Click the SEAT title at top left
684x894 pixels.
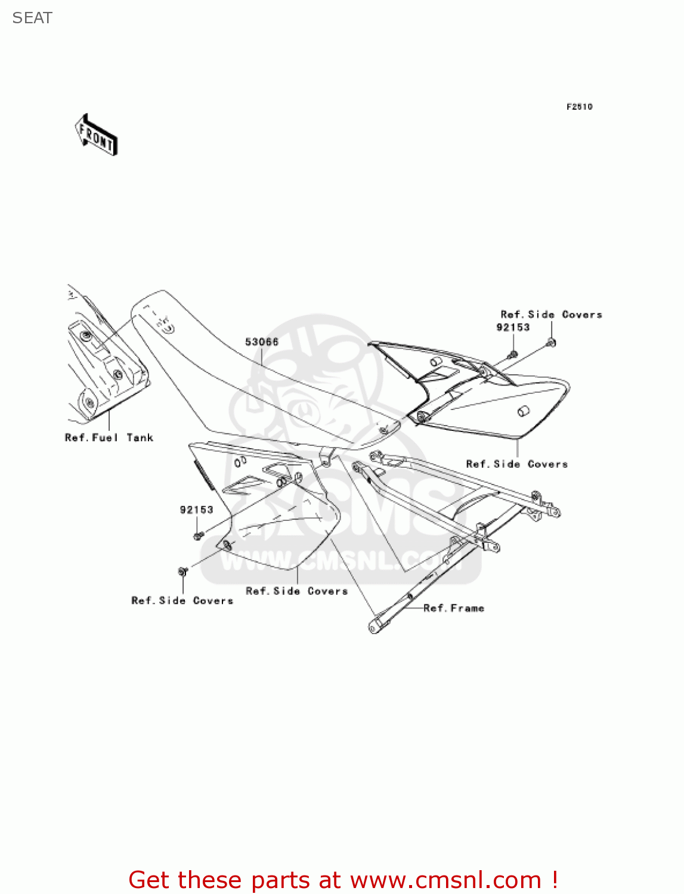32,18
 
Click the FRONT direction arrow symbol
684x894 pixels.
96,135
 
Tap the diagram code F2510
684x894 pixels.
579,107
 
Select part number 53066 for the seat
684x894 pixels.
262,342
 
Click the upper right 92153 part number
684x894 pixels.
513,327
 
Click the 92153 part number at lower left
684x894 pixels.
196,510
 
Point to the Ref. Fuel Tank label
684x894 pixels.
109,437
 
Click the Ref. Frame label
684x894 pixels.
453,608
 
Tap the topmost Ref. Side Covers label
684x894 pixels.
551,314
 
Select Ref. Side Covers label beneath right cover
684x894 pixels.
516,464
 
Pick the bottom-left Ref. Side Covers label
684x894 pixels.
182,600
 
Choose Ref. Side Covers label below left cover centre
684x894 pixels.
296,591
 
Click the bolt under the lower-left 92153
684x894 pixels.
199,536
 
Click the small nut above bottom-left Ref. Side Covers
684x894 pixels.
183,572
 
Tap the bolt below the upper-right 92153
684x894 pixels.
513,355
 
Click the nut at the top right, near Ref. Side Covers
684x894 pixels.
551,343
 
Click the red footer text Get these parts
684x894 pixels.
343,880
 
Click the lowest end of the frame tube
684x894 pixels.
375,626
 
